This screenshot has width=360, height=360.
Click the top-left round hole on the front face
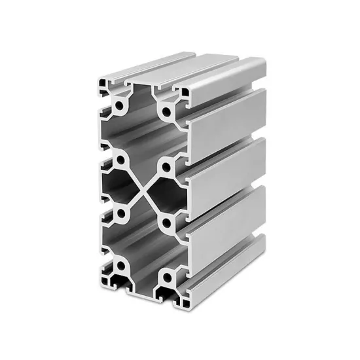pyautogui.click(x=120, y=104)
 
